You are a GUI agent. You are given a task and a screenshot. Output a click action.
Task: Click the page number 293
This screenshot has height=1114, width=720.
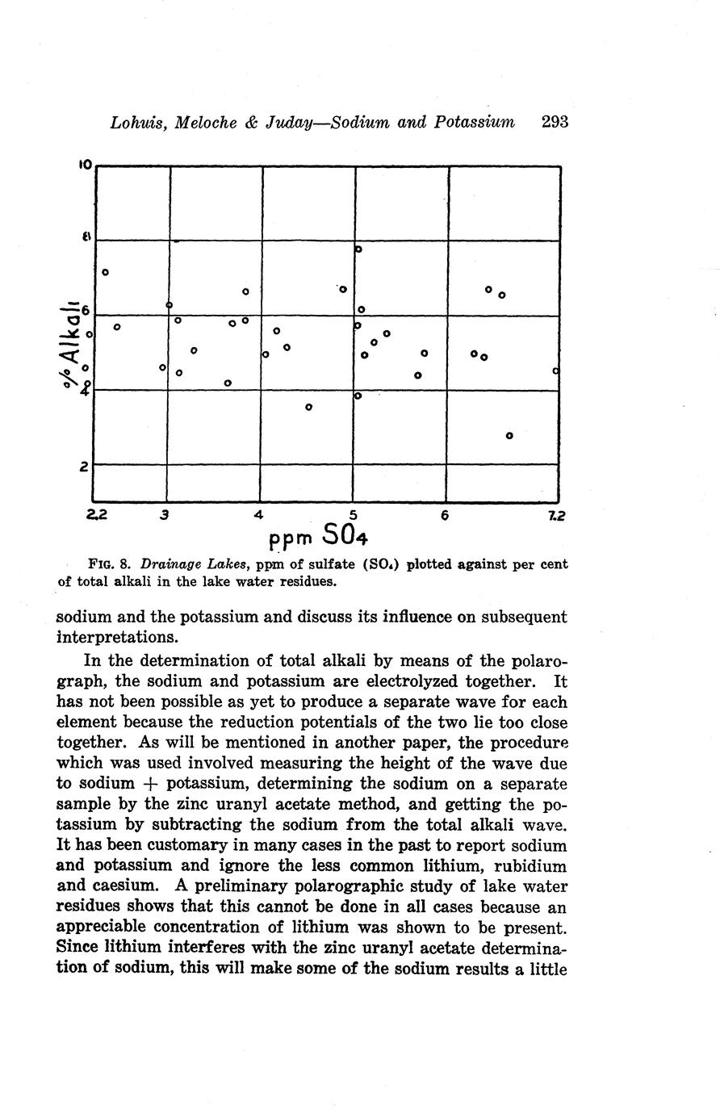555,122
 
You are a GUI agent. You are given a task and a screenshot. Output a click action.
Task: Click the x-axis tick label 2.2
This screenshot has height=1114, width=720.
95,514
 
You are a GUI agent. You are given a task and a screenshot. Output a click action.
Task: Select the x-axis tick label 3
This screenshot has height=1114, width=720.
165,514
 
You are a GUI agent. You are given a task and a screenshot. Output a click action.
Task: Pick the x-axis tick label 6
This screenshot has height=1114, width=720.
445,514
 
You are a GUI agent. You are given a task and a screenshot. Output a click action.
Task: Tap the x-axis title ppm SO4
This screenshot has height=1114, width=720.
318,534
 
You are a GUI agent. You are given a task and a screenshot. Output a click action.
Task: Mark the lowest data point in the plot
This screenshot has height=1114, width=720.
509,436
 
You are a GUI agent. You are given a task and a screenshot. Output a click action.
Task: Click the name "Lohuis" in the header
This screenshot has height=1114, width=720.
139,123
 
